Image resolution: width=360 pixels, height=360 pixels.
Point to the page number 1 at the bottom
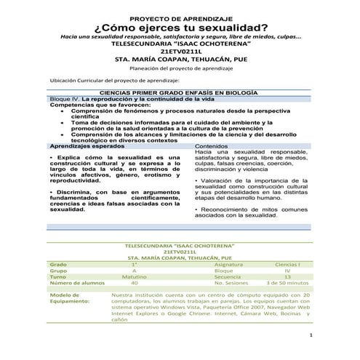pos(311,335)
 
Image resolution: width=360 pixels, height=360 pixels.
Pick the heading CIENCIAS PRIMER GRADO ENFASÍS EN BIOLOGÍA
pos(180,94)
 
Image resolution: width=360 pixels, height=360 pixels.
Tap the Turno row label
pos(58,277)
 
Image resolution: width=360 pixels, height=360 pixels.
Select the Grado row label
pos(58,263)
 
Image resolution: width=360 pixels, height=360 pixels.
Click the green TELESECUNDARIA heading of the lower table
pos(179,244)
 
